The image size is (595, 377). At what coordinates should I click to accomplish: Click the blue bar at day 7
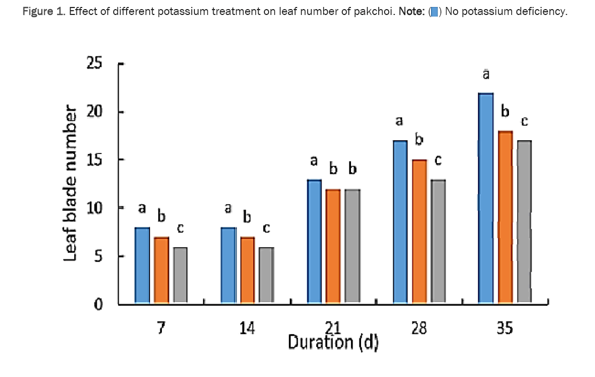click(x=142, y=265)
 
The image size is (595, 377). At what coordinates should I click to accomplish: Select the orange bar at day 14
click(x=247, y=270)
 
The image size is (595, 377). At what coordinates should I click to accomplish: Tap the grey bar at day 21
click(x=353, y=246)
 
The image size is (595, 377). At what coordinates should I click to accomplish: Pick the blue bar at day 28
click(x=400, y=222)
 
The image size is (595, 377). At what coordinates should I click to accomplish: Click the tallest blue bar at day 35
click(x=486, y=198)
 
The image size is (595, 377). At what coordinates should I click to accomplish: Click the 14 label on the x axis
click(x=247, y=328)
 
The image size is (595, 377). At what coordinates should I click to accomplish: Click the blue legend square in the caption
click(x=435, y=12)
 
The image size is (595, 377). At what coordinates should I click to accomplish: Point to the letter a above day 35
click(x=486, y=75)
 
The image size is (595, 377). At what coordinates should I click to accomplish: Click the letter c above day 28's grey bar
click(x=438, y=160)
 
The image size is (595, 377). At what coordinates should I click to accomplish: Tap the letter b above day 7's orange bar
click(x=161, y=217)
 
